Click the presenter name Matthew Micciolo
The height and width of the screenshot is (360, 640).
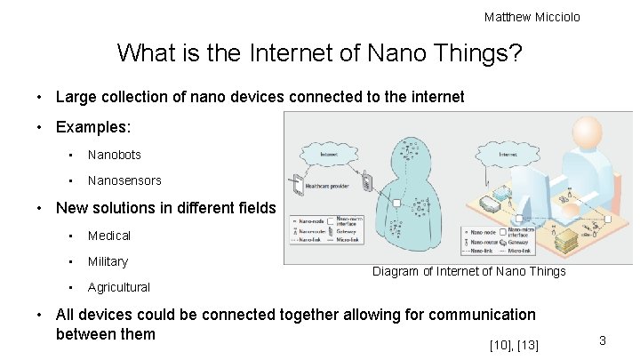532,17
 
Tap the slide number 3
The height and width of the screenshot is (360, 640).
602,340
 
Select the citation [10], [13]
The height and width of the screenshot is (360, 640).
514,344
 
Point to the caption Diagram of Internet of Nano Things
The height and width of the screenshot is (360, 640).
468,271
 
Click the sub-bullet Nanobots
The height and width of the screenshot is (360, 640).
114,155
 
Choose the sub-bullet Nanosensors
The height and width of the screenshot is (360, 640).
124,180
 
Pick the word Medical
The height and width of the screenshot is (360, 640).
109,236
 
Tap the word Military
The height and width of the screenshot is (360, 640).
108,261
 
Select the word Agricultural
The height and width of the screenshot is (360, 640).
119,287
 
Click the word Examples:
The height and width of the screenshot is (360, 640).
93,127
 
